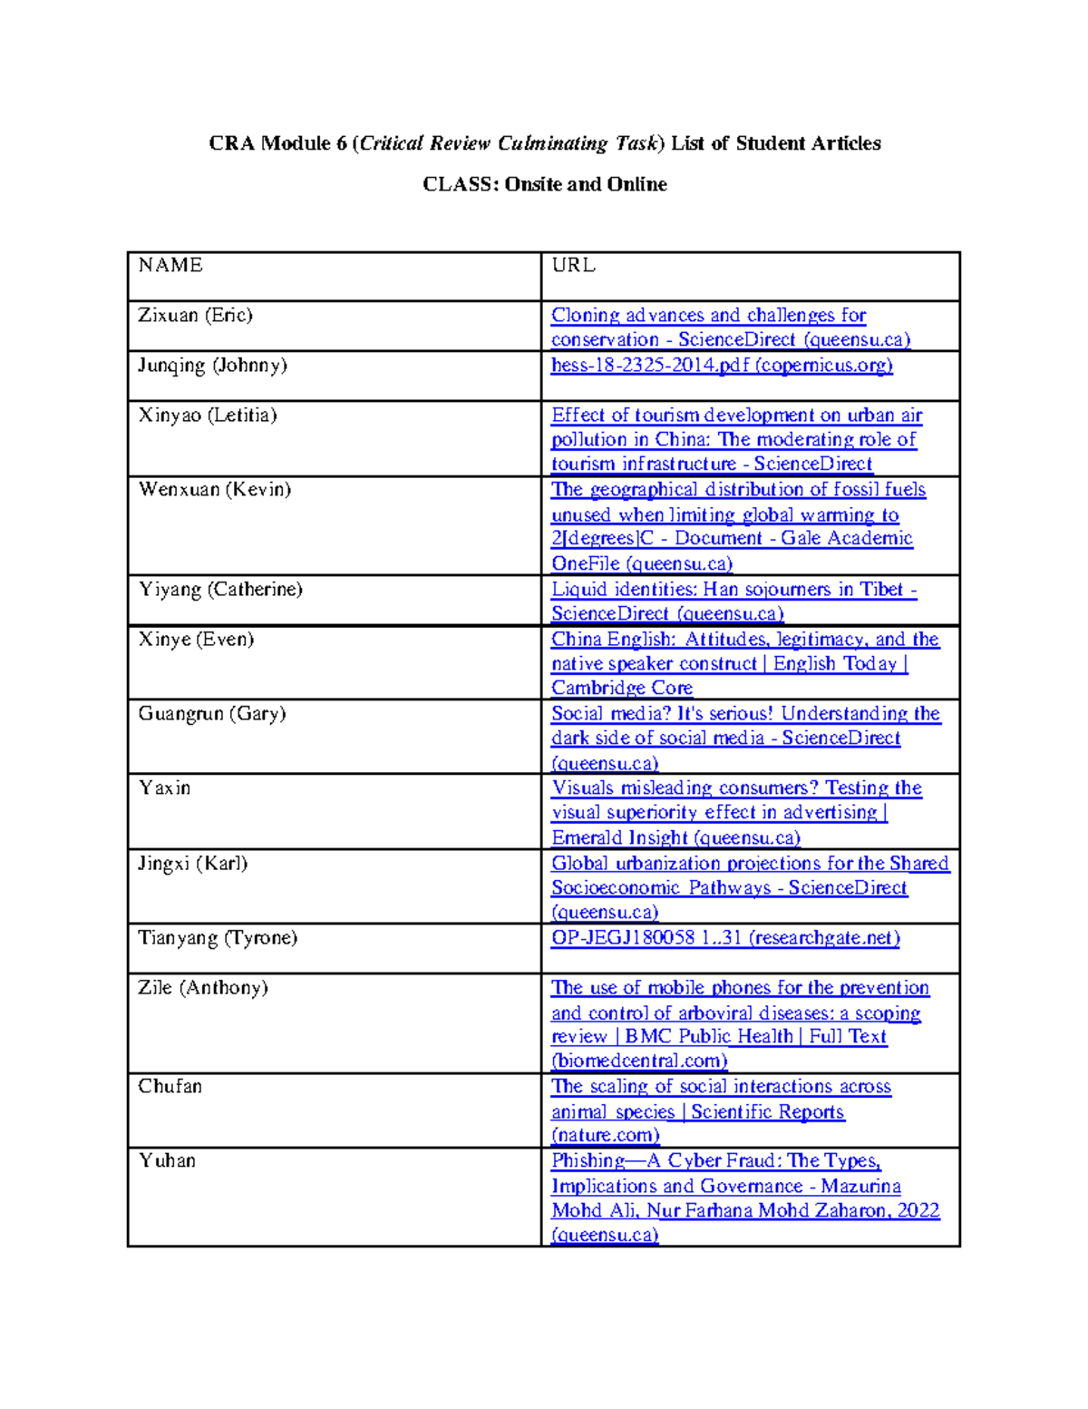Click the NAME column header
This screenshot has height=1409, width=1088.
coord(170,265)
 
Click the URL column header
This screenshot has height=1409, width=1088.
coord(573,265)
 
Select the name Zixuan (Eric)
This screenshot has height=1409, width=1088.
coord(195,315)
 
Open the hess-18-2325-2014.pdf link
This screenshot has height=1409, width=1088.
coord(722,365)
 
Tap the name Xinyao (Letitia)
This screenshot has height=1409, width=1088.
coord(207,415)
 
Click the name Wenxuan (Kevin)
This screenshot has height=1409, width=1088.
coord(214,489)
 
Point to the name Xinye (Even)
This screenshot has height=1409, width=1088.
coord(196,639)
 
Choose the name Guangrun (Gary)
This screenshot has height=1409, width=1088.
coord(211,713)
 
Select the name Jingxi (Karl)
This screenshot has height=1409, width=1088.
coord(192,863)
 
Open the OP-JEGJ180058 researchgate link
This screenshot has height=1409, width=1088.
coord(725,937)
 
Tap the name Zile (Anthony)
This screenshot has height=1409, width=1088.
coord(202,987)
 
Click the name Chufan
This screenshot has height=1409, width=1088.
coord(170,1086)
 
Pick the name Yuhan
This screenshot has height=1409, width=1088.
coord(166,1160)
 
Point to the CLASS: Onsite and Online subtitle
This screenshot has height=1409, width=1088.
coord(544,184)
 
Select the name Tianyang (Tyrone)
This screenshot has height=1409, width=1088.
coord(218,937)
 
